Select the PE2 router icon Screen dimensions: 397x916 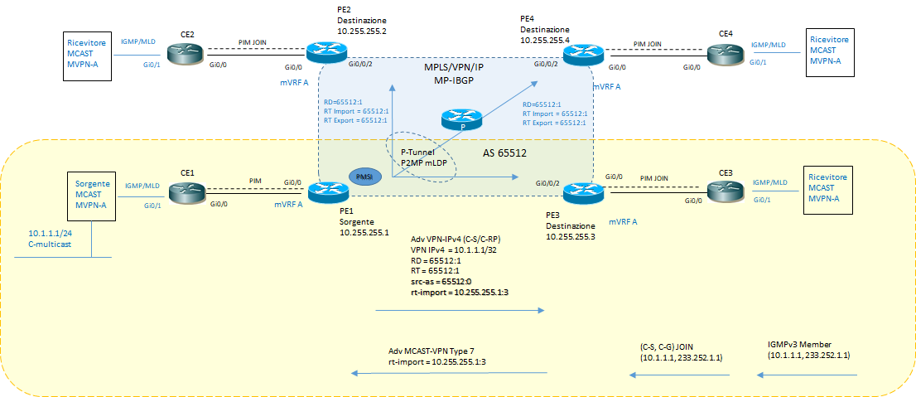tap(321, 51)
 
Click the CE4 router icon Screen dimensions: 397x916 tap(725, 54)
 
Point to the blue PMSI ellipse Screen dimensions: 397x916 tap(364, 177)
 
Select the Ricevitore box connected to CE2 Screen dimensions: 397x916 tap(87, 56)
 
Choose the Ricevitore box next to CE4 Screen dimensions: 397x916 tap(829, 52)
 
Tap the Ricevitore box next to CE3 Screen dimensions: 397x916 tap(829, 192)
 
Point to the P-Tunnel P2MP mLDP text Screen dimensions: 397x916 tap(422, 157)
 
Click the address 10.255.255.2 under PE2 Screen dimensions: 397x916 tap(362, 30)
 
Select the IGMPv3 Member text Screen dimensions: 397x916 tap(803, 344)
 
